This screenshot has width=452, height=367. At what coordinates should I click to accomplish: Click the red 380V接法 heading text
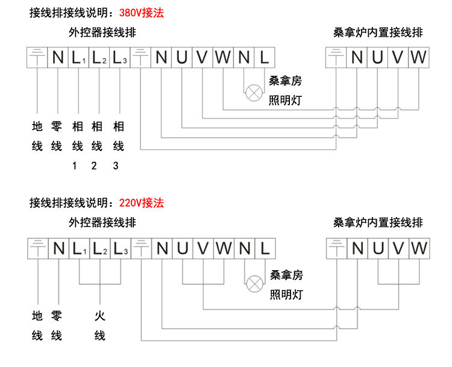142,13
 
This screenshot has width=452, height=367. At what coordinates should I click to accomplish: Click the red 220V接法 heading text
142,203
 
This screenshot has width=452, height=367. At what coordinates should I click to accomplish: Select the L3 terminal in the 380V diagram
119,58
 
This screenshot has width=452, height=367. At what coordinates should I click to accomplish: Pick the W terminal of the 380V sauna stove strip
419,58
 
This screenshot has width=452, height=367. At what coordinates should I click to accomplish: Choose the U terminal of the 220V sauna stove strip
378,248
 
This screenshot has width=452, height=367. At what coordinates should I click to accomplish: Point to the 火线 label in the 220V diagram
99,325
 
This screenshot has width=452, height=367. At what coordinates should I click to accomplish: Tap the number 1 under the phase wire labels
75,165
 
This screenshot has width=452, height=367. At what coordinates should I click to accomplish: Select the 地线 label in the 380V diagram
37,137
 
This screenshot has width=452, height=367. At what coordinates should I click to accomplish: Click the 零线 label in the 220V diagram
57,325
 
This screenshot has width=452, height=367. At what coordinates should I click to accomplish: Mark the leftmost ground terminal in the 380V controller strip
37,58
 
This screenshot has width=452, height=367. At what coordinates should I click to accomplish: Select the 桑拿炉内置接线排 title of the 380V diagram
378,32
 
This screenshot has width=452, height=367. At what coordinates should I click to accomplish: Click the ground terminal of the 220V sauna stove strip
336,248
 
